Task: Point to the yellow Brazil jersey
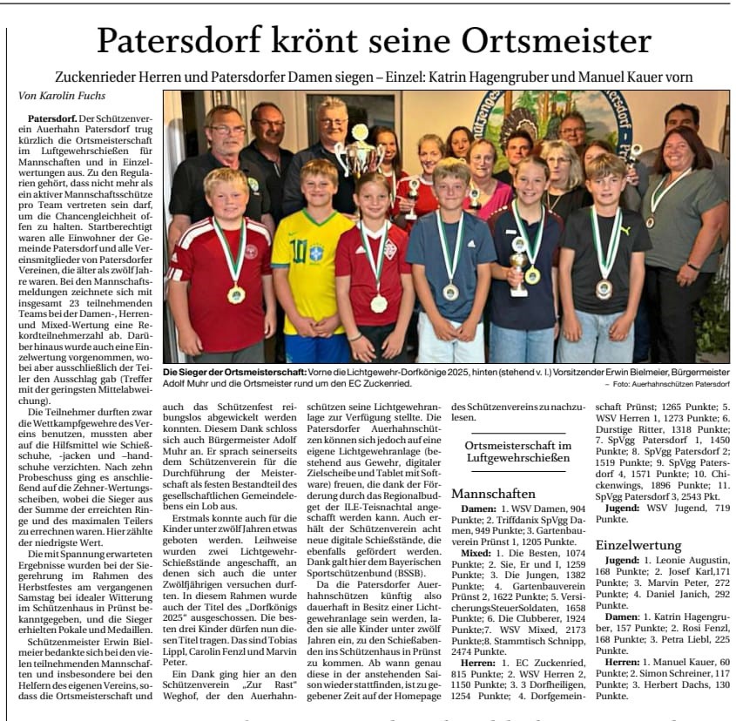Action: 312,260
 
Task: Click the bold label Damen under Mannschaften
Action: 477,508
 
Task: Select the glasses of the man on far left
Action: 227,130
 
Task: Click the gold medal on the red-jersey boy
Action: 235,294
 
